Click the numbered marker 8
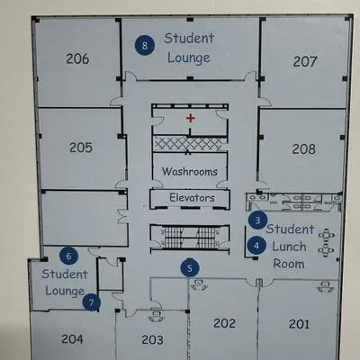pyautogui.click(x=145, y=45)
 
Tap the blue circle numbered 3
pyautogui.click(x=257, y=220)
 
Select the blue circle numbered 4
pyautogui.click(x=256, y=246)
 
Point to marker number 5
pyautogui.click(x=190, y=268)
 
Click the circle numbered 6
pyautogui.click(x=69, y=256)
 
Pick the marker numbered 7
pyautogui.click(x=92, y=302)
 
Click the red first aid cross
pyautogui.click(x=190, y=118)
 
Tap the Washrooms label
pyautogui.click(x=190, y=172)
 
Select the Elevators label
pyautogui.click(x=192, y=198)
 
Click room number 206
pyautogui.click(x=77, y=58)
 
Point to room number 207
pyautogui.click(x=305, y=61)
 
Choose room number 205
pyautogui.click(x=81, y=148)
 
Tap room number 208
pyautogui.click(x=304, y=148)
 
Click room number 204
pyautogui.click(x=72, y=339)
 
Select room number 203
pyautogui.click(x=152, y=339)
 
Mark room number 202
pyautogui.click(x=224, y=323)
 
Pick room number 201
pyautogui.click(x=299, y=324)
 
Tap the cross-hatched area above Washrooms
pyautogui.click(x=189, y=144)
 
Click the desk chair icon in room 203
pyautogui.click(x=156, y=315)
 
